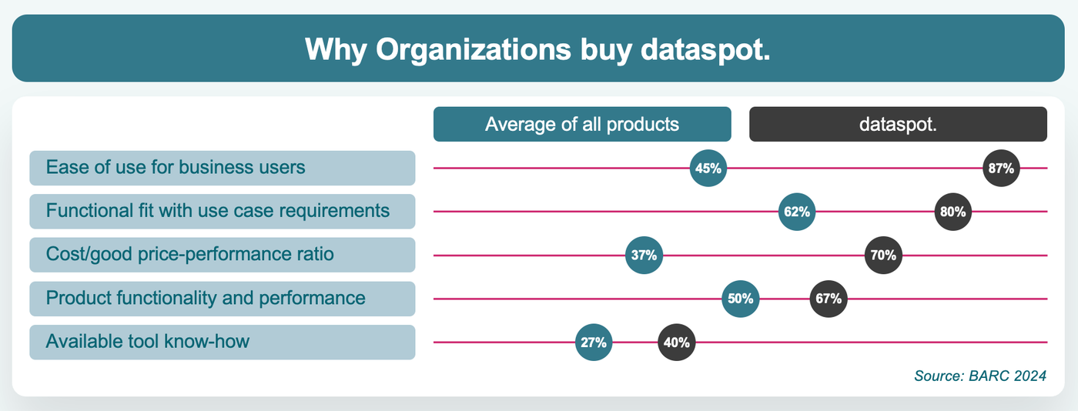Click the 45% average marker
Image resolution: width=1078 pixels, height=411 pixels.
(708, 168)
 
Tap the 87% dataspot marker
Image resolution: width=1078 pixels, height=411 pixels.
(1003, 168)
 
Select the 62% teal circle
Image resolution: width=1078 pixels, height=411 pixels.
(798, 212)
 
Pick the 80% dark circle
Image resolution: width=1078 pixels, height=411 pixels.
(953, 212)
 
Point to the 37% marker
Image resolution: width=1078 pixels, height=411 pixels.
(644, 255)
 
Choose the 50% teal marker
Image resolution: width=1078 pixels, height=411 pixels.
(741, 299)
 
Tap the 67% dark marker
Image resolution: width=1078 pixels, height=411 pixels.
(829, 299)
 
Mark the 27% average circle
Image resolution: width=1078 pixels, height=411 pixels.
(594, 342)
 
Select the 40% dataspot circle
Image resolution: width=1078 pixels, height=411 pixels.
(677, 342)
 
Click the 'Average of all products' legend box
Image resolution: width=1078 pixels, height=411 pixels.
(582, 124)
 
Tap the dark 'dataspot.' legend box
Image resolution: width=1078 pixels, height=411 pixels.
(898, 124)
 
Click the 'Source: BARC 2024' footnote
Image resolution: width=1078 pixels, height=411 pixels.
(979, 376)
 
